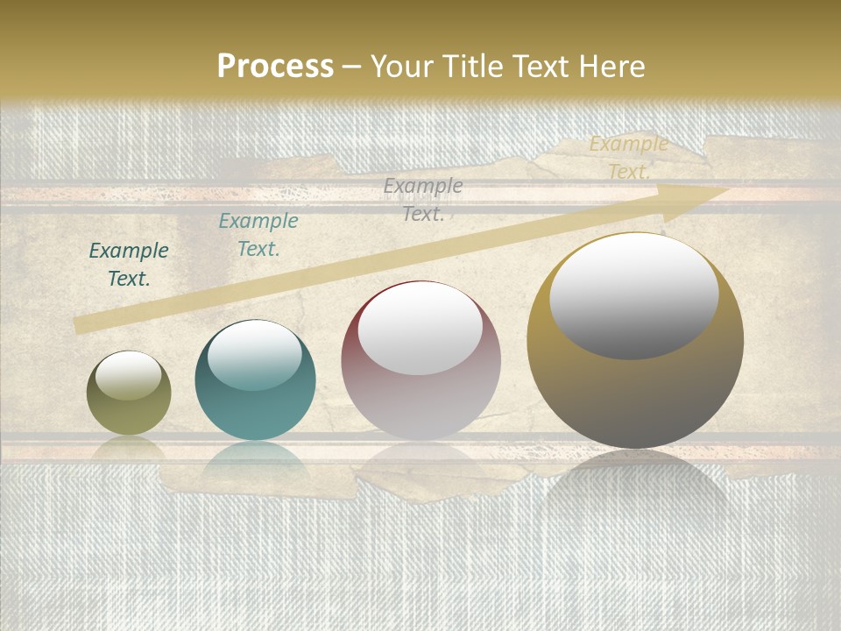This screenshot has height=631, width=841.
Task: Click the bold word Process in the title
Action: (275, 67)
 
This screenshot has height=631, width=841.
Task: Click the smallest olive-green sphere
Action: (129, 393)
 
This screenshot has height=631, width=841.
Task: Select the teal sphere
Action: (255, 380)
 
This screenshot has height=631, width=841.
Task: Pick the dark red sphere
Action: (420, 361)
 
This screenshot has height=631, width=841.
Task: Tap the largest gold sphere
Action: (635, 341)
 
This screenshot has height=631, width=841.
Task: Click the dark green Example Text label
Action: (129, 265)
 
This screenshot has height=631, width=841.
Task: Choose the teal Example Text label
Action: (258, 235)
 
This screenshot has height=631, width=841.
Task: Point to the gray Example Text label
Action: (423, 199)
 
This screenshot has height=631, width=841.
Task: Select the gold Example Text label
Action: (628, 158)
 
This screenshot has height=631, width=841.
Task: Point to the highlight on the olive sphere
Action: (129, 375)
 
